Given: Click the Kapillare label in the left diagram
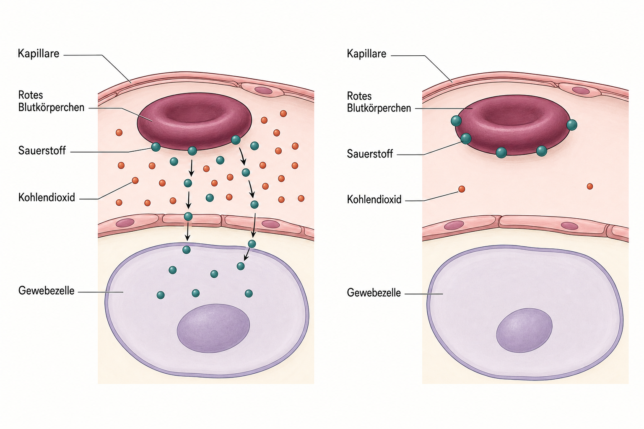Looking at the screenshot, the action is pos(39,54).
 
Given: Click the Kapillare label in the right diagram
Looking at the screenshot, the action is pos(366,54).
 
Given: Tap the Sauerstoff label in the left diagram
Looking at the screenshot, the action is pos(42,150).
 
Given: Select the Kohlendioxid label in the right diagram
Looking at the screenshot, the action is pos(374,199).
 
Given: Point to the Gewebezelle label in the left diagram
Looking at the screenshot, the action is pos(46,291).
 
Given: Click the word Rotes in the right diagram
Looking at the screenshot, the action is pos(359,96).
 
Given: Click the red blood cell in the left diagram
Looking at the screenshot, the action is pos(195,121).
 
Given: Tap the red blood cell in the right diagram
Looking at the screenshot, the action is pos(512,125).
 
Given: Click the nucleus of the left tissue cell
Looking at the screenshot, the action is pos(213,328).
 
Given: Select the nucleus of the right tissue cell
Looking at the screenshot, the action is pos(524,330).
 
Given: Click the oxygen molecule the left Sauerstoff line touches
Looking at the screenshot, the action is pos(156,147).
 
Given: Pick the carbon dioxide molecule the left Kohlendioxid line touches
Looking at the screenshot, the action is pos(135,181).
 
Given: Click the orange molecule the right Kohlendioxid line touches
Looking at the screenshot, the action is pos(462,189).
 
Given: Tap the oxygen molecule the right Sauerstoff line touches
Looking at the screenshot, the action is pos(466,139).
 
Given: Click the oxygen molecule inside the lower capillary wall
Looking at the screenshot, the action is pos(188,216).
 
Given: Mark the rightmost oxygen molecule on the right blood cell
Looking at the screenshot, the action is pos(571,125).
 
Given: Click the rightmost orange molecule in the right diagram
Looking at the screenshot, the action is pos(589,186).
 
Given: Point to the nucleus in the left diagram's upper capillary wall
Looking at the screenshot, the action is pos(263,90).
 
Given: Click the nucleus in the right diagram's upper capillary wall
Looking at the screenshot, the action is pos(581,90).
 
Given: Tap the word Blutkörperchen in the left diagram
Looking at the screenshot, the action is pos(51,108).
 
